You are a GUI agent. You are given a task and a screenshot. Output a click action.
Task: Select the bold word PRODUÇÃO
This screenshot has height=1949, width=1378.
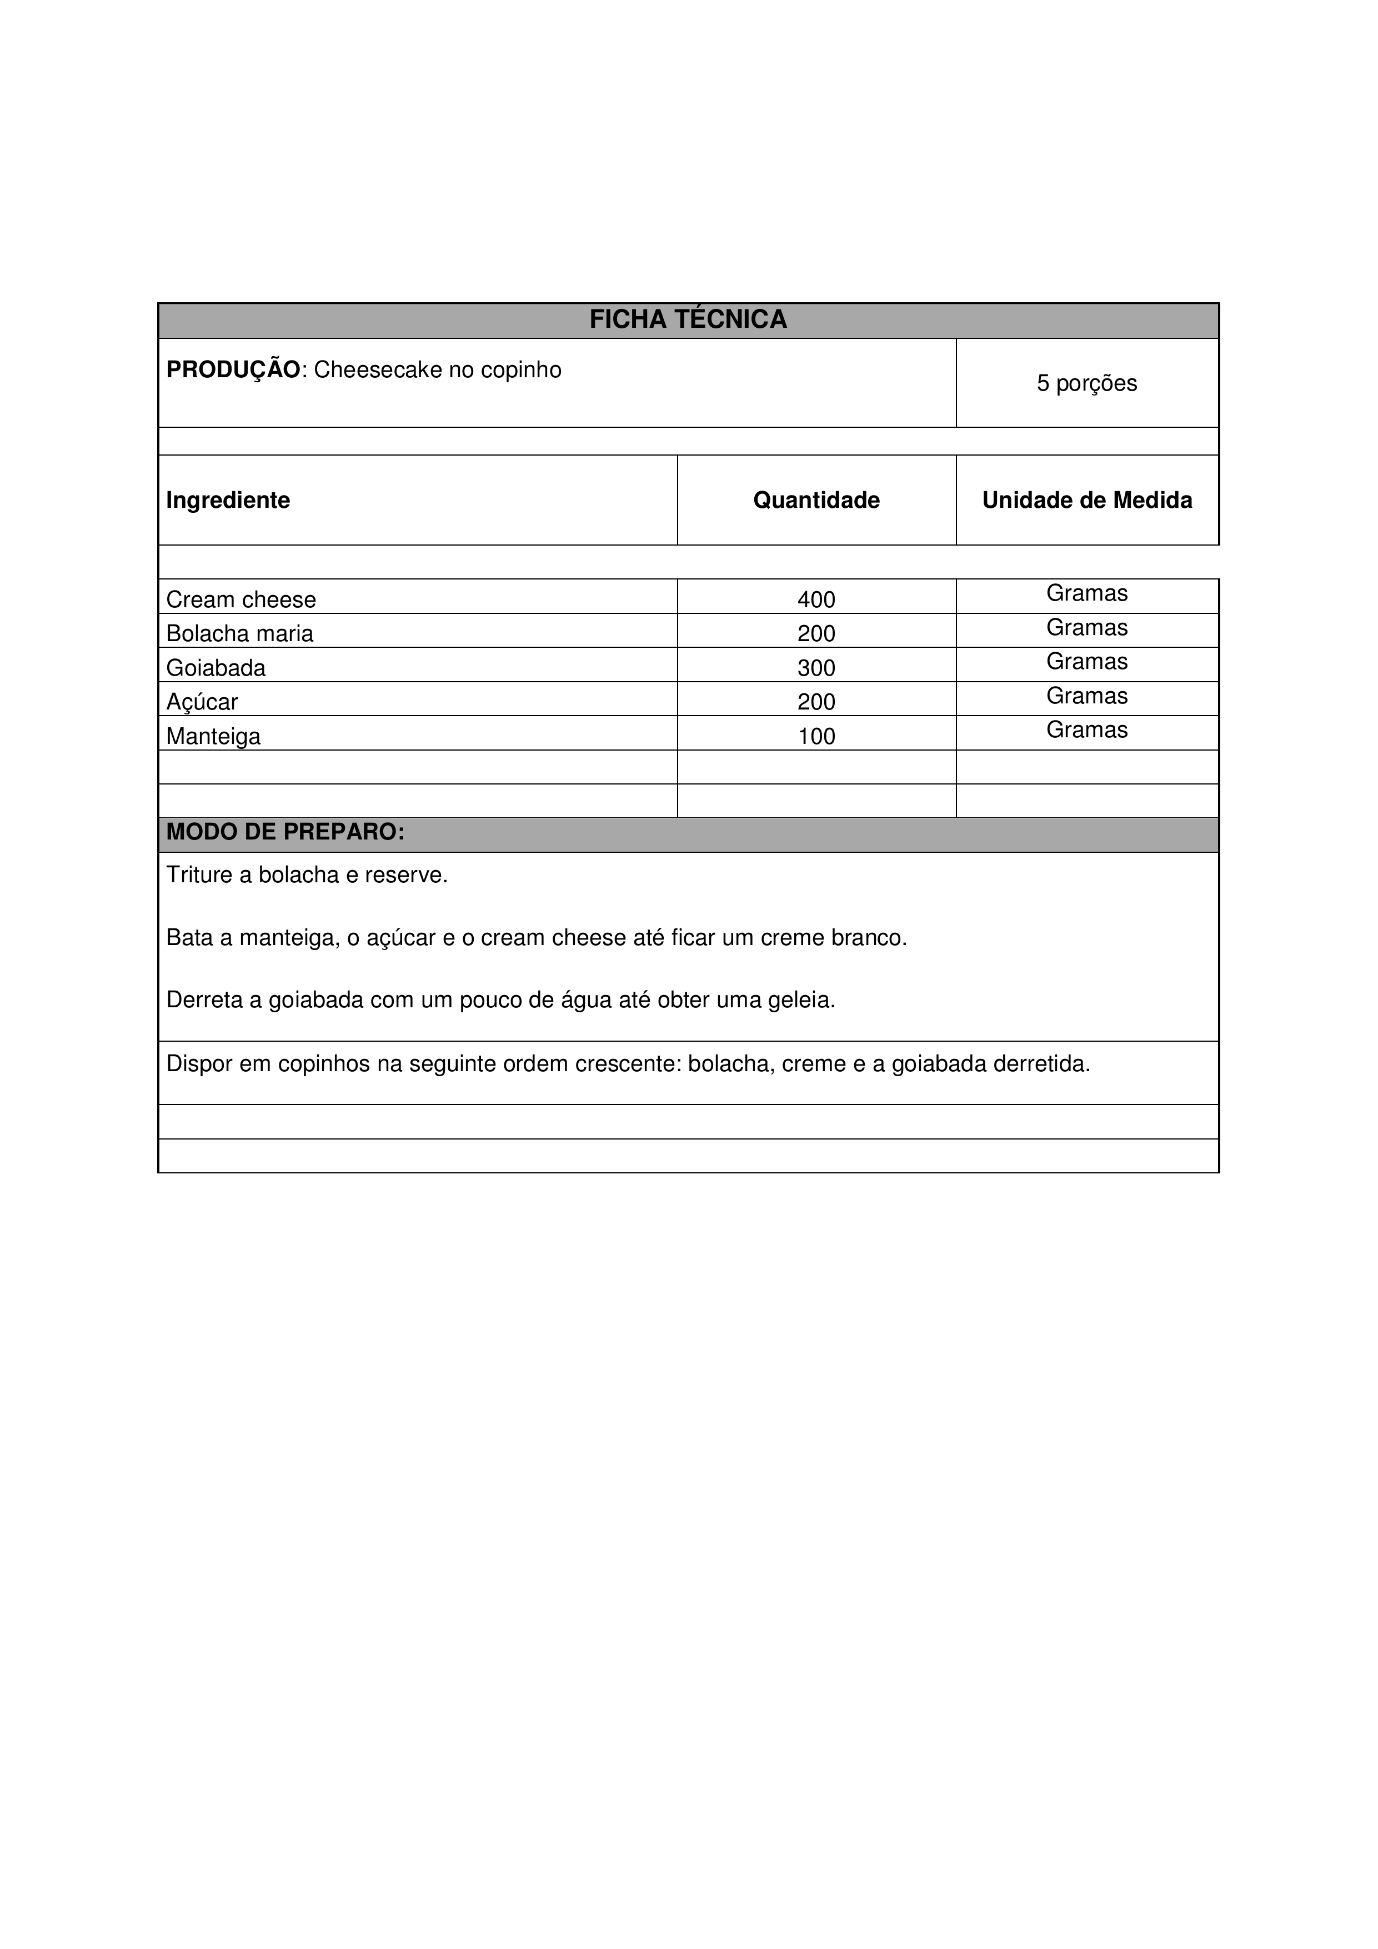(233, 370)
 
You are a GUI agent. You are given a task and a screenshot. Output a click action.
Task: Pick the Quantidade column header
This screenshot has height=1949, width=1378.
(816, 501)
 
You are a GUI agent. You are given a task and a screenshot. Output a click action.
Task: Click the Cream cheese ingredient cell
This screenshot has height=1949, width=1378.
(241, 600)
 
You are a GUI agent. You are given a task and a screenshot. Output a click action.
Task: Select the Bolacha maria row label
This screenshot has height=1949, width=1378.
(239, 634)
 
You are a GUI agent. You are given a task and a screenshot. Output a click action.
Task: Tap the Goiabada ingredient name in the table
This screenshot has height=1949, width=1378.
(216, 668)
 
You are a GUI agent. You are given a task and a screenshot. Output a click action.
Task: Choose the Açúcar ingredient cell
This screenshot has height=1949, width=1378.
(202, 702)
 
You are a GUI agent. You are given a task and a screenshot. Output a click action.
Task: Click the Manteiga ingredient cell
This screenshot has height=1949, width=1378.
(213, 736)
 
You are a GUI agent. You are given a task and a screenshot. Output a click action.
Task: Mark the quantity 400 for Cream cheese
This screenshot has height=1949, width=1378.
(816, 600)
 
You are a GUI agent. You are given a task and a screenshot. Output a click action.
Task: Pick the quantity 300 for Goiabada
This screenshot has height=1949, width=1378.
(816, 668)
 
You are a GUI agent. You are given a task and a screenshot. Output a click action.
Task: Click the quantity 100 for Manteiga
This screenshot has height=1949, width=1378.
(816, 736)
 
